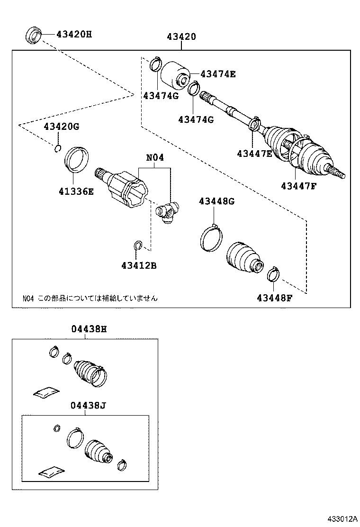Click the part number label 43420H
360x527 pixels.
coord(74,34)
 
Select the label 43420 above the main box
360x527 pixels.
coord(181,37)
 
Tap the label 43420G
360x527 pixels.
coord(62,127)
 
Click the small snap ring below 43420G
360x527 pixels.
coord(57,149)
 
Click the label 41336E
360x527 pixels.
coord(76,191)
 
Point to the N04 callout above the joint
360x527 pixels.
coord(154,157)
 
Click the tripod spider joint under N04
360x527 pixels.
coord(168,210)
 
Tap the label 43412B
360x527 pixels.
coord(138,265)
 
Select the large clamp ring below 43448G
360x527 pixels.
coord(210,236)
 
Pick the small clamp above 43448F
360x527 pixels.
coord(273,273)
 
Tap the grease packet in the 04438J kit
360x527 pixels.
coord(52,472)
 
